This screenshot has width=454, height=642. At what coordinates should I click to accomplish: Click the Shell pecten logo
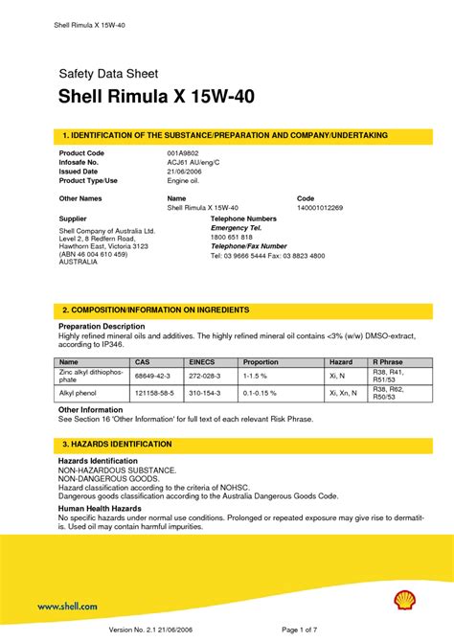click(405, 601)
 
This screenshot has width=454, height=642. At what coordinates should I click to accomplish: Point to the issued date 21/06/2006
click(184, 171)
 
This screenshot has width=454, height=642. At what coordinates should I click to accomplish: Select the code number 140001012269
click(320, 206)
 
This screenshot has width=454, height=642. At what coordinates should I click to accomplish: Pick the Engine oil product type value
click(183, 179)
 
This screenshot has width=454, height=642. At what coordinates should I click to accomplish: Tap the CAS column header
click(143, 362)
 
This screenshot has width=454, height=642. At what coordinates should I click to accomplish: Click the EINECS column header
click(203, 362)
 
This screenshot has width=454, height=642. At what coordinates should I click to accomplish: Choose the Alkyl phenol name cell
click(80, 393)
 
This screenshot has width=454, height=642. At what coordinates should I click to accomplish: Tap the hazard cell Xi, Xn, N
click(342, 393)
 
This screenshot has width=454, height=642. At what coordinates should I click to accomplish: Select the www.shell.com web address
click(67, 606)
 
